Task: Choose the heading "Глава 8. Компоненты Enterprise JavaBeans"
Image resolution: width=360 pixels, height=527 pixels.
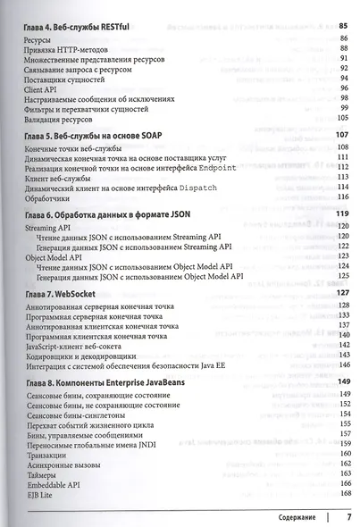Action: tap(113, 381)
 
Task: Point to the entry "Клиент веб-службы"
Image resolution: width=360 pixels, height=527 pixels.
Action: tap(62, 175)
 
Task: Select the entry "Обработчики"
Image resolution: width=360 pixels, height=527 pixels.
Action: tap(51, 199)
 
